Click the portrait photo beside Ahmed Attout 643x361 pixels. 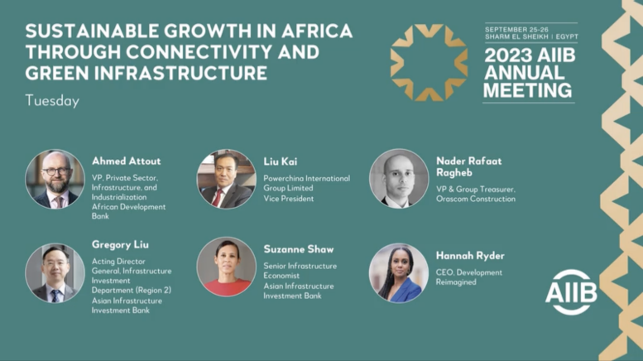pos(55,180)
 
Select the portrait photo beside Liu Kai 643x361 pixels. pos(227,180)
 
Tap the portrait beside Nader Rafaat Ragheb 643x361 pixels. pos(399,179)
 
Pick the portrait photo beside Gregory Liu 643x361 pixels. pos(55,273)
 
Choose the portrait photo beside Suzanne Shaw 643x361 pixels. pos(227,267)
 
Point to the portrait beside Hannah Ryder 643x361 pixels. pos(399,273)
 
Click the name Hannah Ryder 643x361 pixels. pos(470,256)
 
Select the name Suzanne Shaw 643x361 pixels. pos(299,249)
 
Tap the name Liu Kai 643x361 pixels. pos(281,161)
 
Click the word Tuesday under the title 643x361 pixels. pos(52,101)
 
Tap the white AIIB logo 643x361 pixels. pos(571,292)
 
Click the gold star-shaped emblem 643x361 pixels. pos(429,62)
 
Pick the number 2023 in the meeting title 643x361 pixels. pos(506,55)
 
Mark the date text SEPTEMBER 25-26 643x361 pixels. pos(516,30)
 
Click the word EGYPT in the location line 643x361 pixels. pos(567,36)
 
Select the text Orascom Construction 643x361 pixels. pos(476,199)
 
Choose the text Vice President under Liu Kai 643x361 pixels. pos(289,199)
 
